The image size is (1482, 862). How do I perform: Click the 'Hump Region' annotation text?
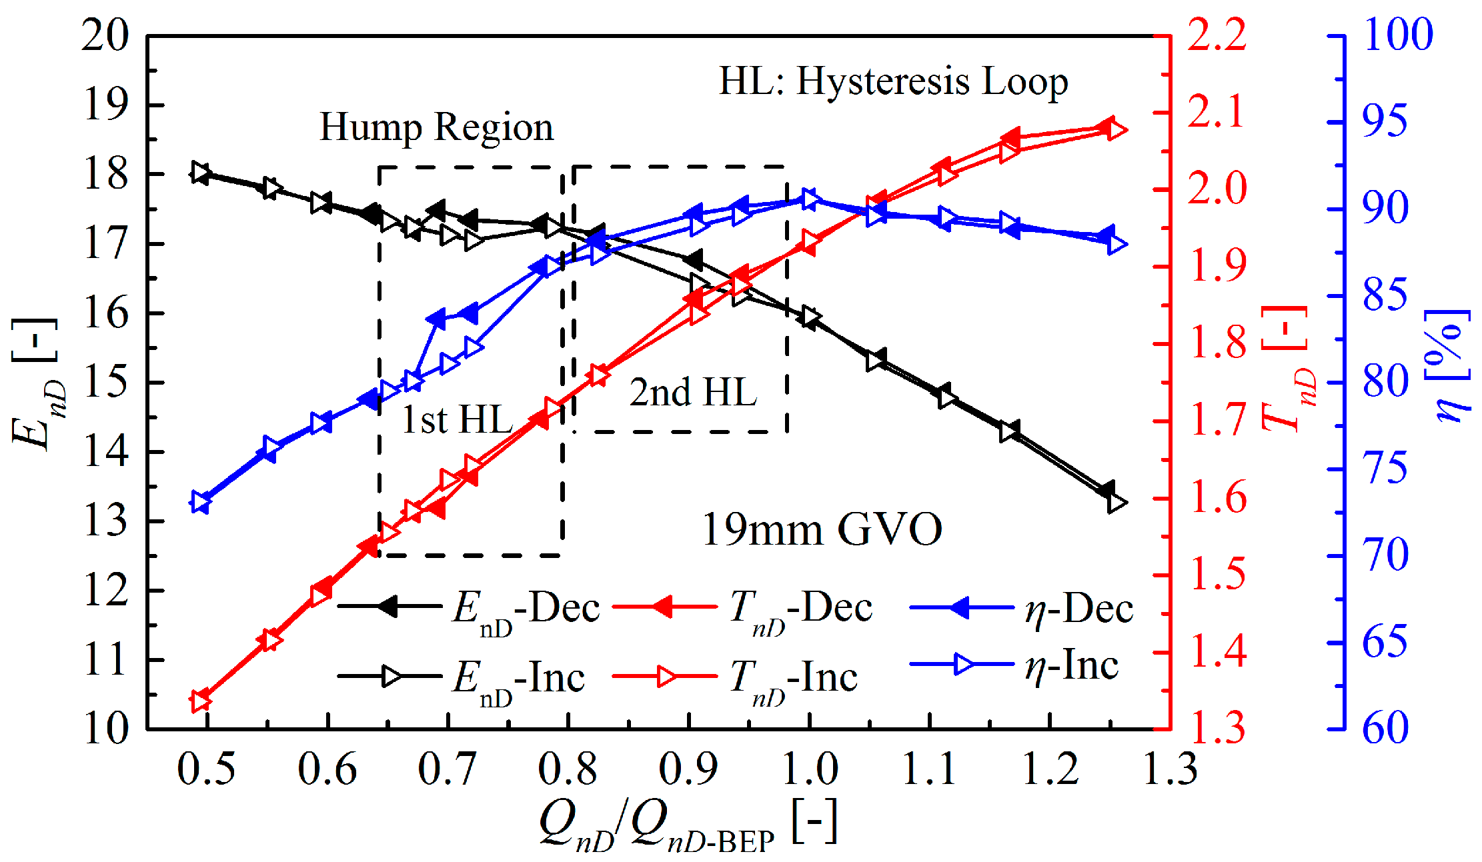tap(437, 127)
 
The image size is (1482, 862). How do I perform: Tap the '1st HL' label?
tap(458, 420)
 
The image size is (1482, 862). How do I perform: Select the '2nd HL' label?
tap(693, 392)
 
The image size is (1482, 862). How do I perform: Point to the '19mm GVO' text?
tap(822, 529)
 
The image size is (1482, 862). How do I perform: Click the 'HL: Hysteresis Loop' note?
tap(893, 82)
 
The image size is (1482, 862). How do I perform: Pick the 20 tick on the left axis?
tap(105, 35)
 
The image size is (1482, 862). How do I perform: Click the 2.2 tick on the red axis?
tap(1217, 35)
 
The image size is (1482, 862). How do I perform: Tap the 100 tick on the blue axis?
tap(1397, 35)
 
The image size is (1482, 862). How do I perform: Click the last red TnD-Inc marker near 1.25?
tap(1115, 130)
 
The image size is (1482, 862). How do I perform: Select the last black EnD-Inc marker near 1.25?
tap(1115, 503)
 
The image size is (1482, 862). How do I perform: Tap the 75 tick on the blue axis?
tap(1385, 469)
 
